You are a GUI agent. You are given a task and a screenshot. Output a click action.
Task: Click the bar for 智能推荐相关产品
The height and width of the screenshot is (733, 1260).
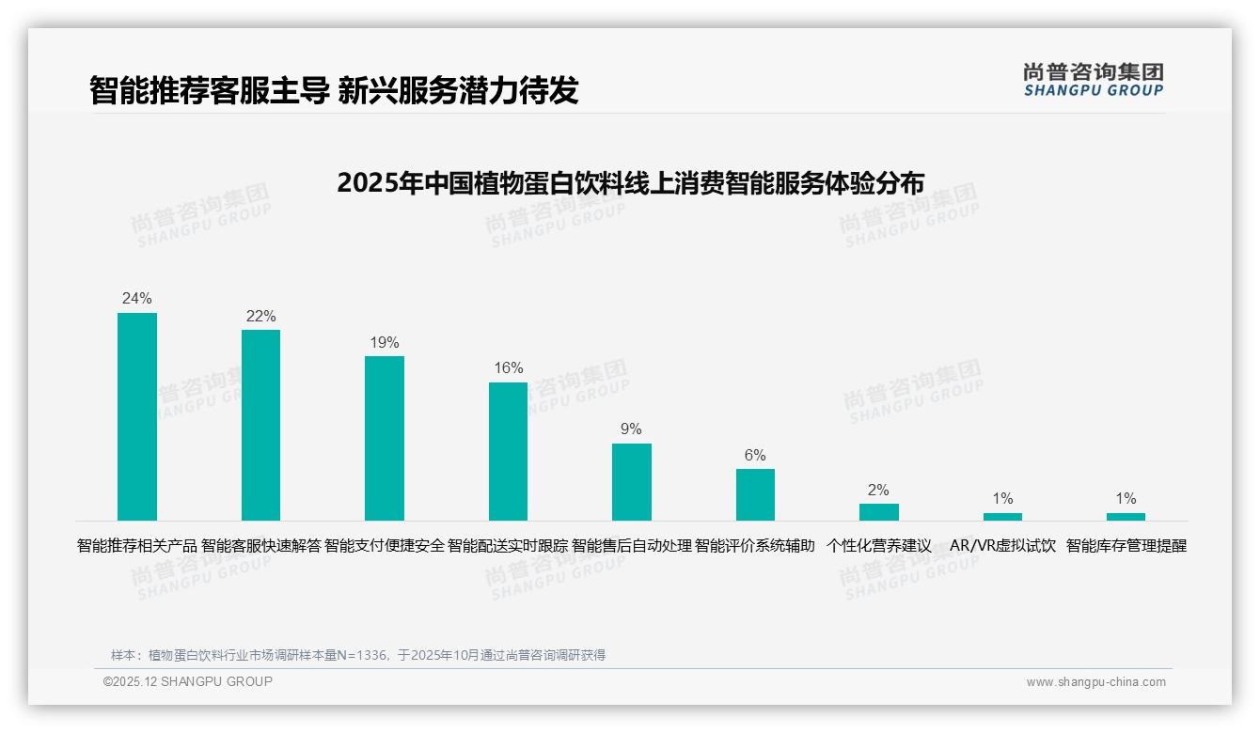137,416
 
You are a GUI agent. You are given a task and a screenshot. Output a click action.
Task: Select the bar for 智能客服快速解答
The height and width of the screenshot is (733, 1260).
260,425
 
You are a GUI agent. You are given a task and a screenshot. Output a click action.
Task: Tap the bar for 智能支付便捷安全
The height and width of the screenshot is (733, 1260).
385,438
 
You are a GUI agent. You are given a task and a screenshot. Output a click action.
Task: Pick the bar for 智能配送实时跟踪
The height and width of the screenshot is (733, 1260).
508,451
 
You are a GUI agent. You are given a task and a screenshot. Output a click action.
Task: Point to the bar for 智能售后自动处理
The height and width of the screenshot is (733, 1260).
632,482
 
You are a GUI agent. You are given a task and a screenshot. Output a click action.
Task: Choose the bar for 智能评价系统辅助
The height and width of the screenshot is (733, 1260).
755,494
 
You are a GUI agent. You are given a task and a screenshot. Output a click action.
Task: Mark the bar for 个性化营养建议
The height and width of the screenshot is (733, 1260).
879,512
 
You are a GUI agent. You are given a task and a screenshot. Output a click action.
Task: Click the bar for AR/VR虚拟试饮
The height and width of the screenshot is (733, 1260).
1002,517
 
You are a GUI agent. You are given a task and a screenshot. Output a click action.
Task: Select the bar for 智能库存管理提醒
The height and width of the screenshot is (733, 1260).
1126,517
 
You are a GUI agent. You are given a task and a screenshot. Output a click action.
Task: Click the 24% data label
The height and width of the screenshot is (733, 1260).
137,299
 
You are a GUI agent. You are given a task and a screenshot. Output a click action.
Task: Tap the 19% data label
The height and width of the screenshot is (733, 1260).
385,342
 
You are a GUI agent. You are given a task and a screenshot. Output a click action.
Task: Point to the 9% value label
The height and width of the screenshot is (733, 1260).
632,429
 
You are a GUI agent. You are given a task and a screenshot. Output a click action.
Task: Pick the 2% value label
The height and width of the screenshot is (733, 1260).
879,490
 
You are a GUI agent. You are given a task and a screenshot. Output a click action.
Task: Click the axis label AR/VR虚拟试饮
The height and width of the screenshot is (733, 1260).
1002,546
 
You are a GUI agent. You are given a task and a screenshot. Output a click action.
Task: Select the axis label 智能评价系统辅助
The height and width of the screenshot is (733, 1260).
755,546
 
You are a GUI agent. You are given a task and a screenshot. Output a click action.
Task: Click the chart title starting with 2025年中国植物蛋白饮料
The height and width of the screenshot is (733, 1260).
630,182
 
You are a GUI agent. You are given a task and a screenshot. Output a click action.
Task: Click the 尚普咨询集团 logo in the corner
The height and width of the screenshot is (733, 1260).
1093,79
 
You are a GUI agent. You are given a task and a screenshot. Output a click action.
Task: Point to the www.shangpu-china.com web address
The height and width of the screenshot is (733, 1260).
1095,682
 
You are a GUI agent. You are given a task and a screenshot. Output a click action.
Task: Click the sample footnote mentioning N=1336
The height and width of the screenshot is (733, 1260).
358,655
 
